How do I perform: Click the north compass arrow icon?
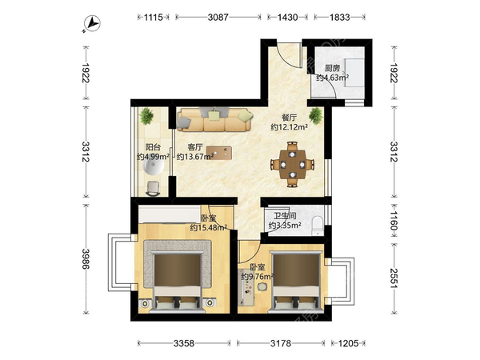point(92,23)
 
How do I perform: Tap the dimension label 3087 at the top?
point(218,17)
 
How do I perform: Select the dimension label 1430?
point(287,17)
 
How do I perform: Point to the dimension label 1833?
point(339,17)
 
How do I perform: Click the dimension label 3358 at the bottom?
point(184,343)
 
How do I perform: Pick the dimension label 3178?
point(281,343)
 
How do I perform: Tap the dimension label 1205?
point(348,343)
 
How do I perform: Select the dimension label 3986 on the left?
point(86,259)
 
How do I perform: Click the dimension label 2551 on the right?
point(394,278)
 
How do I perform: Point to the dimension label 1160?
point(394,221)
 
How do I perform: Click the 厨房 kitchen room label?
point(332,68)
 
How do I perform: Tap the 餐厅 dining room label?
point(289,118)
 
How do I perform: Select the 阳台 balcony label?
point(153,147)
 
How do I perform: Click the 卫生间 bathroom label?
point(285,216)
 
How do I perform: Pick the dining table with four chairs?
point(293,164)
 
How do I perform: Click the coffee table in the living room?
point(219,153)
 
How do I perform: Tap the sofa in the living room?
point(215,119)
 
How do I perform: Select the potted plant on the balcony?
point(146,116)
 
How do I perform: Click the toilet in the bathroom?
point(318,226)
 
